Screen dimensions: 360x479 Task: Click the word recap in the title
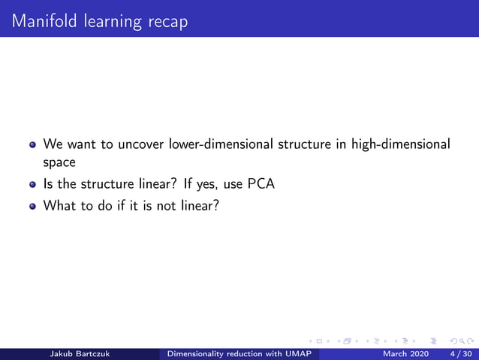point(164,21)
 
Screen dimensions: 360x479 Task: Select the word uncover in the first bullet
point(143,144)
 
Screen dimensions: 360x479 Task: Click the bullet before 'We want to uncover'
point(32,144)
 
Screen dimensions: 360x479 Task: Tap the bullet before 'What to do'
point(32,204)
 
